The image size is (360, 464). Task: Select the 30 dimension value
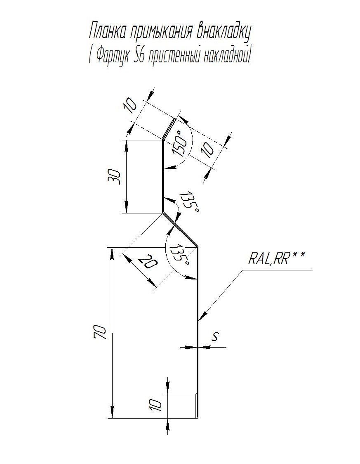click(117, 177)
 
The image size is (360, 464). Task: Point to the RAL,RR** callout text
click(277, 258)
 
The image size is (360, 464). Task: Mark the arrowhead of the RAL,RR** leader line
click(200, 320)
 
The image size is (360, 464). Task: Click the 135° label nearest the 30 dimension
click(191, 201)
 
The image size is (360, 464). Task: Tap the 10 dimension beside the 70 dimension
click(156, 405)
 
